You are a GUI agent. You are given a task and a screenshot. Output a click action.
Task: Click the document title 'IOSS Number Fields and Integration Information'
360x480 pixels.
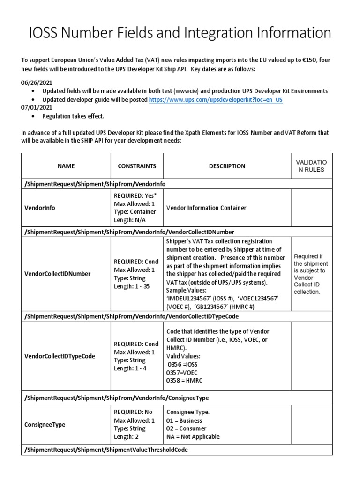180,33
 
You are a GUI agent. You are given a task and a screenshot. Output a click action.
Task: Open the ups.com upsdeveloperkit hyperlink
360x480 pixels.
216,100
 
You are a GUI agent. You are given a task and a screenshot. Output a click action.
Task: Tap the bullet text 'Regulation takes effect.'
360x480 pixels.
74,116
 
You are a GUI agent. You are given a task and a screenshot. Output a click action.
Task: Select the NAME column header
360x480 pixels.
66,166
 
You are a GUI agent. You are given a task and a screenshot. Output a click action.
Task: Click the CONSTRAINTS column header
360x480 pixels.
136,166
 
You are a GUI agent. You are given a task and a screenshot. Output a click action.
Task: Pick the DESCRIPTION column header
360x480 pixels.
227,166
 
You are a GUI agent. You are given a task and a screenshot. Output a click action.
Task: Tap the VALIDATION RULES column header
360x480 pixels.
311,166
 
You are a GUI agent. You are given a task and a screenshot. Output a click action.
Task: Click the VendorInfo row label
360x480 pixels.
40,208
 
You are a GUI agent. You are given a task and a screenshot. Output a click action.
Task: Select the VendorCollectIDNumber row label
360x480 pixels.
58,274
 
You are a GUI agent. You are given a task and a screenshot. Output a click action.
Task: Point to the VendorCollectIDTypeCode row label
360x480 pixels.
60,356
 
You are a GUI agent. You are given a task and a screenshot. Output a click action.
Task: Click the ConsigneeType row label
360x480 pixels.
45,425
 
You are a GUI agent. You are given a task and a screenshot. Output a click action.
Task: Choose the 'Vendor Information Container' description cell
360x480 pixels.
206,208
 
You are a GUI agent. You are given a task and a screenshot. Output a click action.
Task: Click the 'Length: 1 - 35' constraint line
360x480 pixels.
132,287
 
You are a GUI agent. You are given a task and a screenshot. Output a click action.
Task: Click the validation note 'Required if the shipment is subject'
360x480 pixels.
311,263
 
